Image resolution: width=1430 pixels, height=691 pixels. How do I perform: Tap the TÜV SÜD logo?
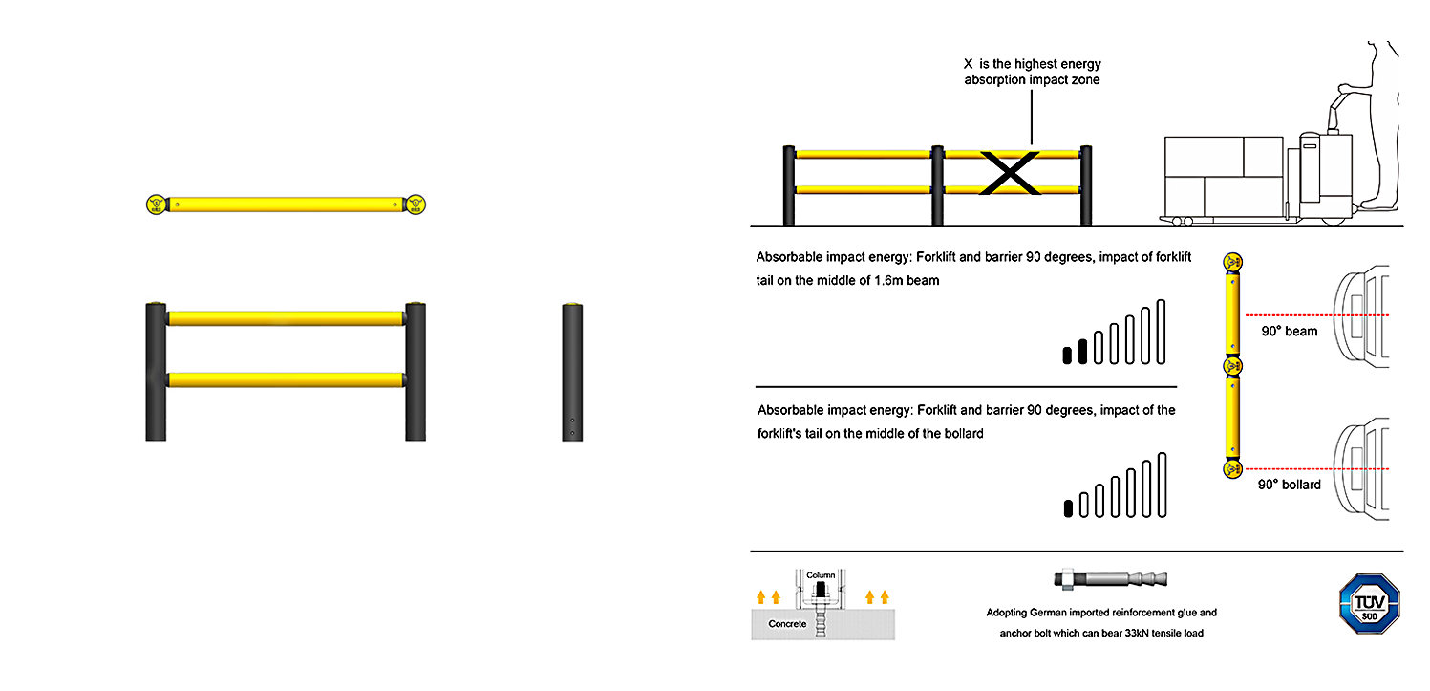pyautogui.click(x=1369, y=600)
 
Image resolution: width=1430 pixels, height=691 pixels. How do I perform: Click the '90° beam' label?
pyautogui.click(x=1289, y=332)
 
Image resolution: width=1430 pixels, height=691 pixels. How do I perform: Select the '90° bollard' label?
pyautogui.click(x=1289, y=485)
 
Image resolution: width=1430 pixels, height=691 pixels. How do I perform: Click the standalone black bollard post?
pyautogui.click(x=572, y=372)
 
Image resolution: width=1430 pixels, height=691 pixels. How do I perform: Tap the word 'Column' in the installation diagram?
pyautogui.click(x=821, y=575)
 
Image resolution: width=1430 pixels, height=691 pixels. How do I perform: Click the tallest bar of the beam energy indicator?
pyautogui.click(x=1161, y=332)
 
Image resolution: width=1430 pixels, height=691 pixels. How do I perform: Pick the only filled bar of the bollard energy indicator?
pyautogui.click(x=1068, y=507)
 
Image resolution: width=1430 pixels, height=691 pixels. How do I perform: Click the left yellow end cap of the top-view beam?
pyautogui.click(x=155, y=204)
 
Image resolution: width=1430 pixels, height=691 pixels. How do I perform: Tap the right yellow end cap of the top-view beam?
pyautogui.click(x=415, y=204)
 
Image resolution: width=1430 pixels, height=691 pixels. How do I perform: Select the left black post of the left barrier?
pyautogui.click(x=156, y=372)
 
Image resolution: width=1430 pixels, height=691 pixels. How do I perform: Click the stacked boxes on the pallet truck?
pyautogui.click(x=1224, y=175)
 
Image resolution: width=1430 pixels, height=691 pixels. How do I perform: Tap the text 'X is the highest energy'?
pyautogui.click(x=1032, y=64)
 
